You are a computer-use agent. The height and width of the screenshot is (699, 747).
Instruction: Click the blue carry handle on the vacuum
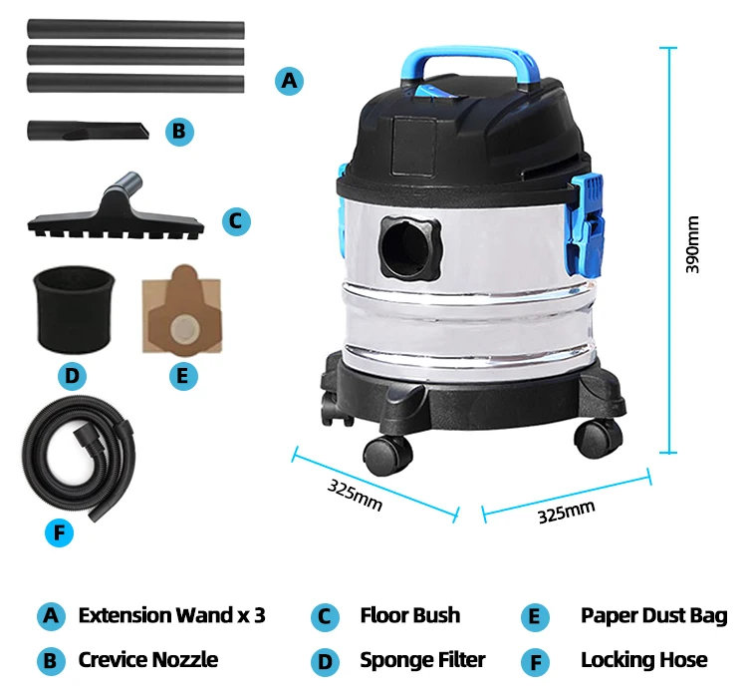[x=463, y=58]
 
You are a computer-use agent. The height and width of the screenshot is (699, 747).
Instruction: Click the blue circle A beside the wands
[x=289, y=80]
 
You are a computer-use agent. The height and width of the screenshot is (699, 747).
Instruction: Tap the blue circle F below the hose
[x=60, y=533]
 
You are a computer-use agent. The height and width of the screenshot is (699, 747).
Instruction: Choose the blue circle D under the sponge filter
[x=71, y=375]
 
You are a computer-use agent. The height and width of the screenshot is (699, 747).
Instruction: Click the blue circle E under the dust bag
[x=184, y=375]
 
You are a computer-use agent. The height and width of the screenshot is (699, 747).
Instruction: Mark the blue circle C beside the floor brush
[x=234, y=219]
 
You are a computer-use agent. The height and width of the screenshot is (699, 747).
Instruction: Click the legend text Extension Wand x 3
[x=171, y=615]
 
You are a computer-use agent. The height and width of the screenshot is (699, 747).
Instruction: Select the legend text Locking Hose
[x=643, y=660]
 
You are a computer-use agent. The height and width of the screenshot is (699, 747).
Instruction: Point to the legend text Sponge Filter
[x=422, y=660]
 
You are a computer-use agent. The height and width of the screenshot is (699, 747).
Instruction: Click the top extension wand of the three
[x=135, y=29]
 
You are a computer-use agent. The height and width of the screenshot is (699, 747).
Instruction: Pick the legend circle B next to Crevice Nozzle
[x=50, y=661]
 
